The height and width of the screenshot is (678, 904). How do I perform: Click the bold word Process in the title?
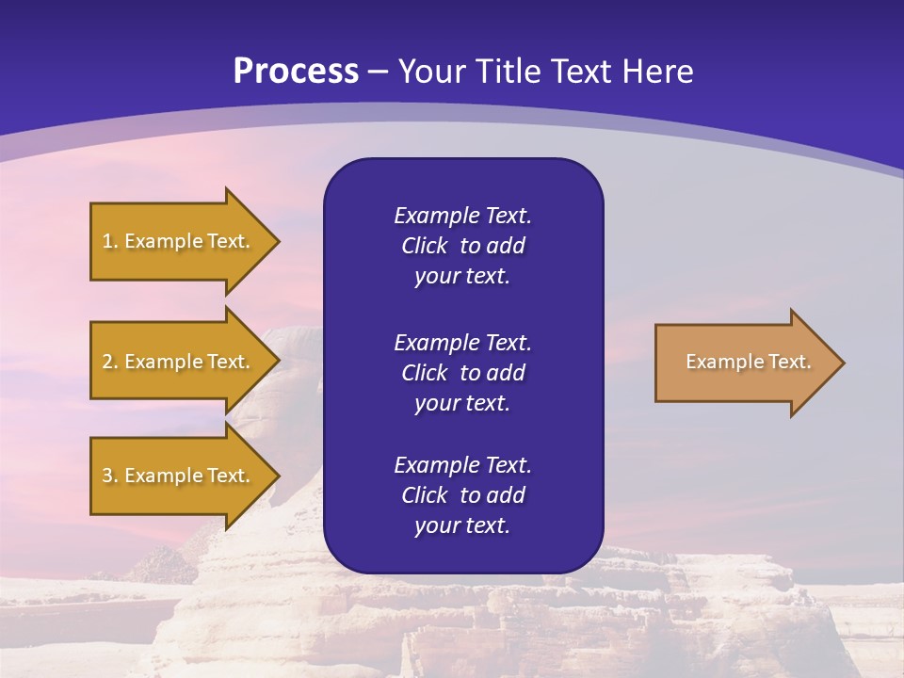[x=296, y=72]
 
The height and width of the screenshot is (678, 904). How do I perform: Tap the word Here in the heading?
[x=660, y=72]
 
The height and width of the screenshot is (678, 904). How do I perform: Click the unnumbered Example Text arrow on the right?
[x=744, y=362]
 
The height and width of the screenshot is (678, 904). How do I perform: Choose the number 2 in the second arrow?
[x=108, y=362]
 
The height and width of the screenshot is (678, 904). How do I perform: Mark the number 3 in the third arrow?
[x=108, y=476]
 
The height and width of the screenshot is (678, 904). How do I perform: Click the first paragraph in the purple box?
[x=462, y=246]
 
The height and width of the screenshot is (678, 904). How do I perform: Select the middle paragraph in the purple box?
[x=462, y=373]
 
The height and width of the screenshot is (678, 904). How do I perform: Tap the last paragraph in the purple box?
[x=462, y=495]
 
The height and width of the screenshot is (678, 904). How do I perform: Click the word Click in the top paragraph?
[x=425, y=247]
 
